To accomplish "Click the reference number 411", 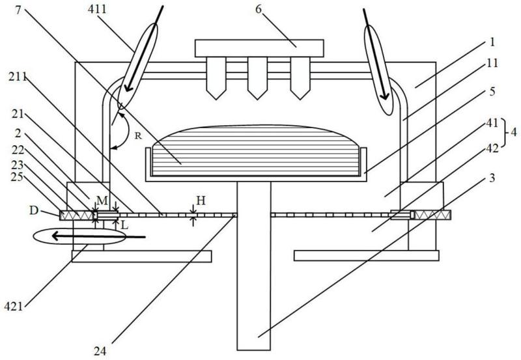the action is tap(97, 9).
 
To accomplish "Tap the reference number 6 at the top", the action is tap(259, 9).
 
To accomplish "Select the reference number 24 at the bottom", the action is tap(100, 351).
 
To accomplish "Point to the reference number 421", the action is tap(14, 306).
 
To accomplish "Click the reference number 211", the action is tap(18, 77).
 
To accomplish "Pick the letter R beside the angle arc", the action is tap(138, 135).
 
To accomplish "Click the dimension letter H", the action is tap(201, 201).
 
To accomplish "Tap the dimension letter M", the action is tap(102, 201).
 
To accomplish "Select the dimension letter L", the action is tap(124, 225).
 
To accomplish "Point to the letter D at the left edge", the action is tap(34, 210).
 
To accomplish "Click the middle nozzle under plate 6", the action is tap(257, 78).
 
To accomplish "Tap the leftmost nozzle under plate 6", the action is tap(216, 78).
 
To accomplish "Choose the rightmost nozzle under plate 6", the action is tap(300, 78).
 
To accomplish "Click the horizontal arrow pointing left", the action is tap(99, 236).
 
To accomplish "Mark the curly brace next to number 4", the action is tap(504, 132).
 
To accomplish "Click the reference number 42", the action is tap(492, 148).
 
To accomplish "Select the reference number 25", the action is tap(16, 176).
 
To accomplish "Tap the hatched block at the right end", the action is tap(432, 215).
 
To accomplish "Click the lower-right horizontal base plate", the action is tap(367, 256).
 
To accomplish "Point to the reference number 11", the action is tap(493, 62).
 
